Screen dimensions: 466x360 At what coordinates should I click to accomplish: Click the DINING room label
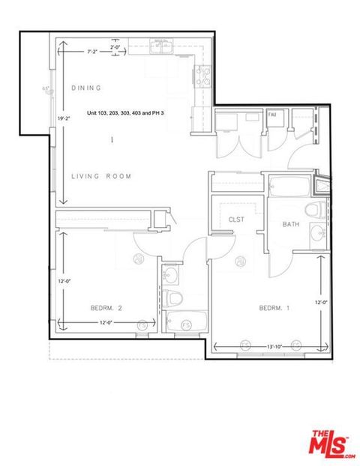[86, 88]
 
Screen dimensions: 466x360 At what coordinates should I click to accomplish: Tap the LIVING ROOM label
[101, 177]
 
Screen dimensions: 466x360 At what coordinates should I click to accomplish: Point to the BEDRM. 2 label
[106, 308]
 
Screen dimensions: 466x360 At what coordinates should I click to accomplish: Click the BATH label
[291, 225]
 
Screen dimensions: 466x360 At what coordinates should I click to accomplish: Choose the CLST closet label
[238, 219]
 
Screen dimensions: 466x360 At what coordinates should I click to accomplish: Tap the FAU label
[274, 115]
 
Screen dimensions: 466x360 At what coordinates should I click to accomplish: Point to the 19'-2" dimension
[62, 118]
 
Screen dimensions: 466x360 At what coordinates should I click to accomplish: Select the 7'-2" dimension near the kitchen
[93, 52]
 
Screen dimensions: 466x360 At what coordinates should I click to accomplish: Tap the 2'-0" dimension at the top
[115, 46]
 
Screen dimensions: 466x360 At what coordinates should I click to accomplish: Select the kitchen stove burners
[201, 75]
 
